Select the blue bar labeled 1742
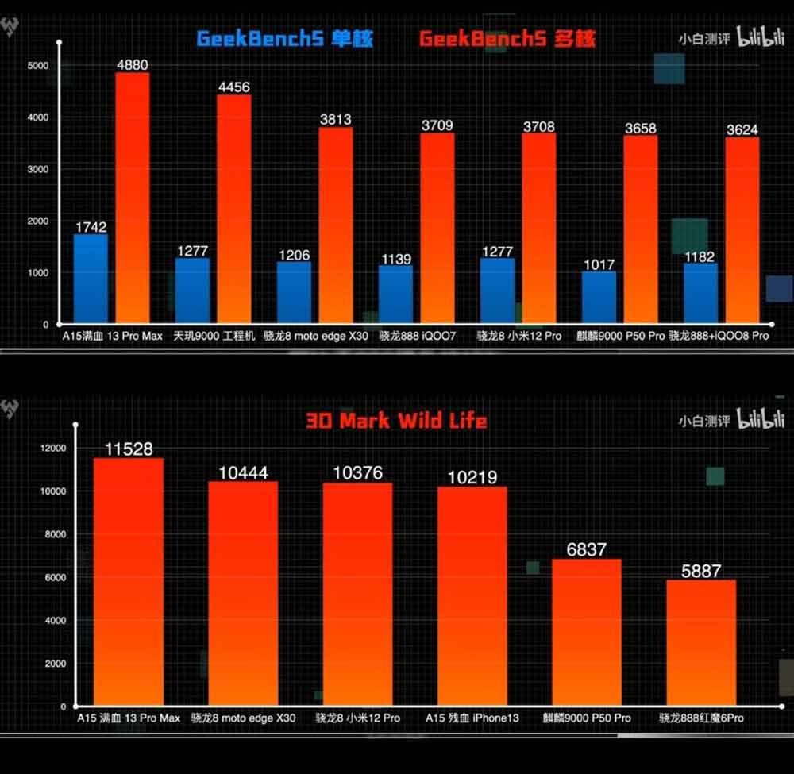[91, 279]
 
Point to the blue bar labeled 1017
[599, 298]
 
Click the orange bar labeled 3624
[742, 231]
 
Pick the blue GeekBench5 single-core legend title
[284, 38]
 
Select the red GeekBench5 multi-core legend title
[507, 38]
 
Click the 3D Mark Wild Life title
[396, 420]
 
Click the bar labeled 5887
[701, 643]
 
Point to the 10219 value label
[472, 477]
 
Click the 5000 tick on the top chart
[37, 65]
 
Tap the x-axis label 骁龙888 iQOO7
[413, 336]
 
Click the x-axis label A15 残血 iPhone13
[472, 718]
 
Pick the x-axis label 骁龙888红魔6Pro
[702, 718]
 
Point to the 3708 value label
[538, 126]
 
